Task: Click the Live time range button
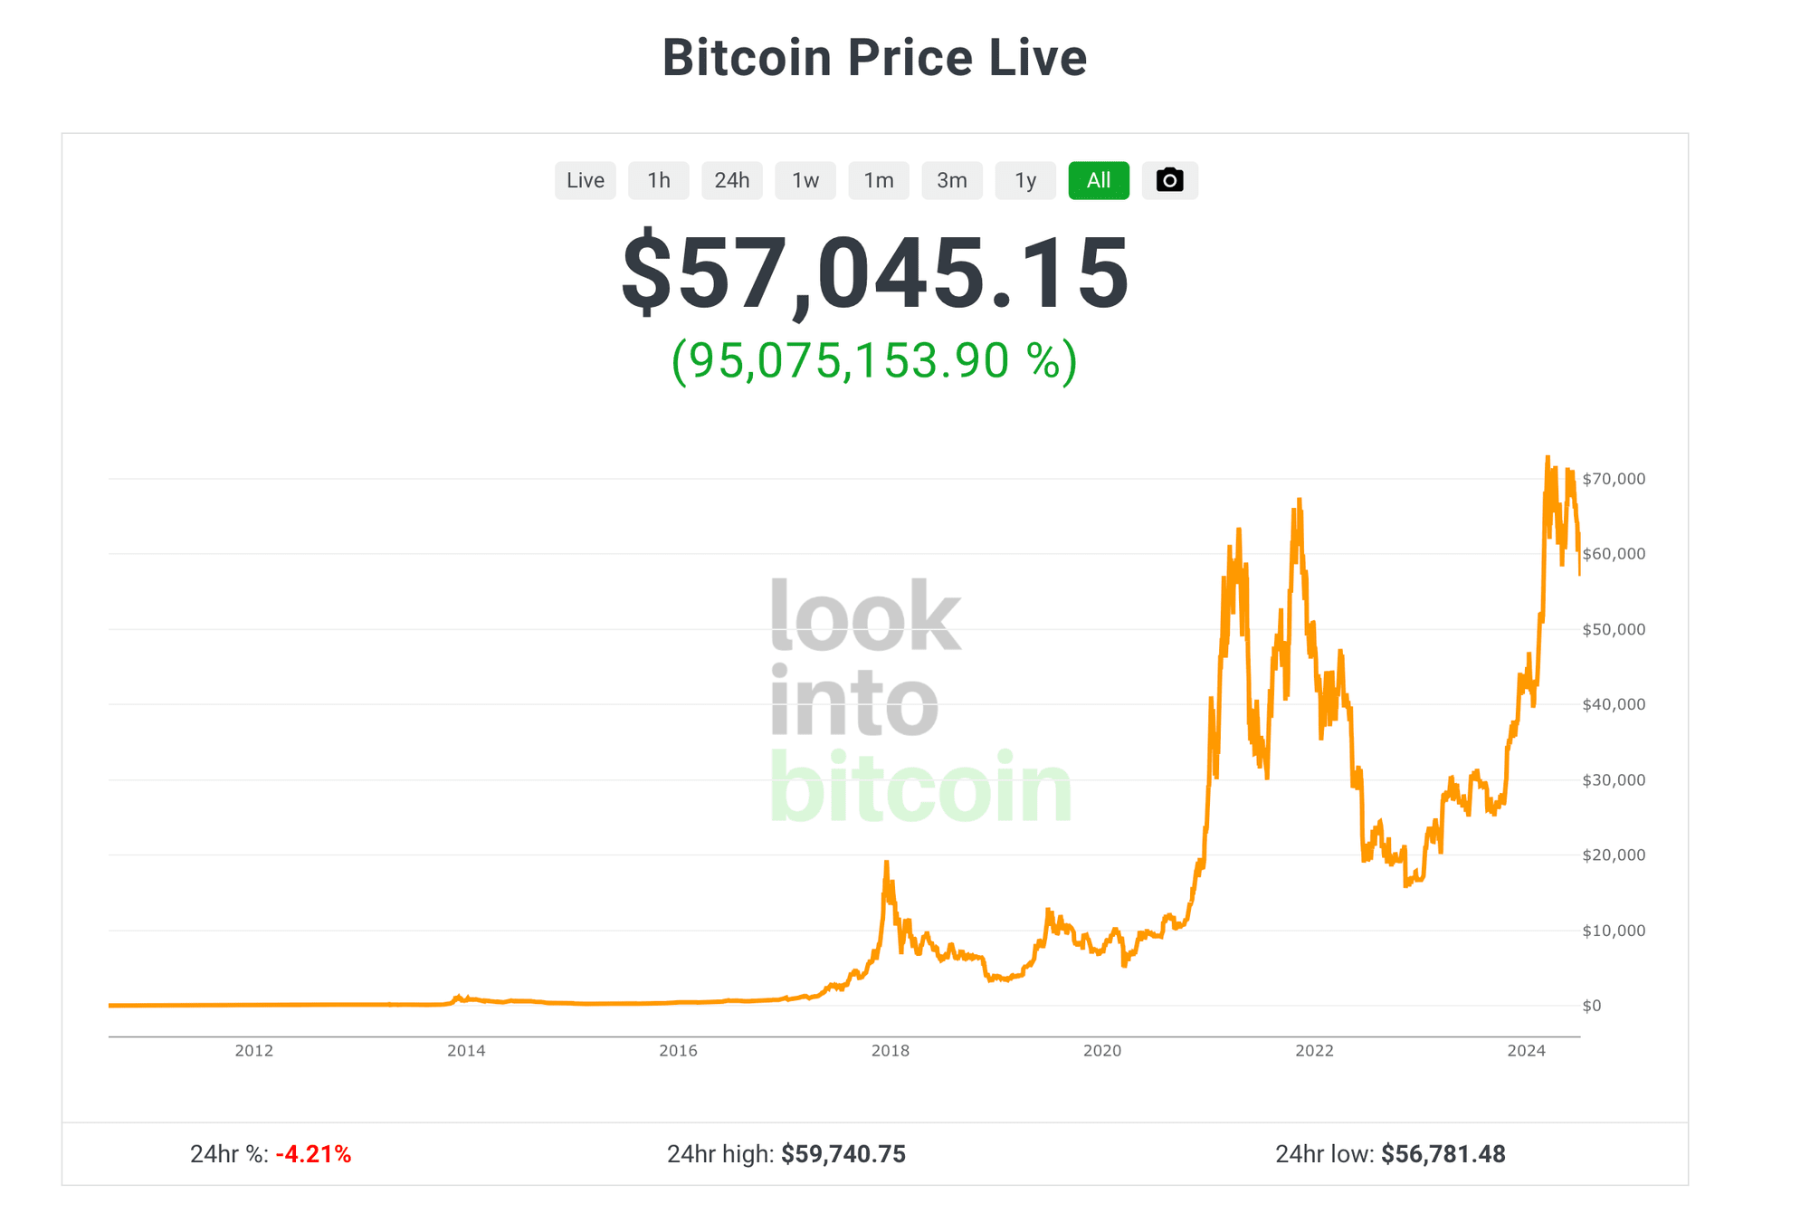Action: pos(585,180)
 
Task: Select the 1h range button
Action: pos(659,180)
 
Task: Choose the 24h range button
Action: pos(732,180)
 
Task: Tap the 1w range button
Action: pos(805,180)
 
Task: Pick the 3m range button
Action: pos(952,180)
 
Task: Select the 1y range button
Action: pos(1025,180)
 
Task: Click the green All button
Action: pos(1099,180)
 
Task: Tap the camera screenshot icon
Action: pos(1170,180)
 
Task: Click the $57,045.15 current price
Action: pos(875,274)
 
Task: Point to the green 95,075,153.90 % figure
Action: pos(874,360)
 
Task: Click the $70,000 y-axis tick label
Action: pos(1614,479)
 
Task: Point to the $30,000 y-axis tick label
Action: pos(1614,779)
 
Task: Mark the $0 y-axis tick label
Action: pos(1592,1006)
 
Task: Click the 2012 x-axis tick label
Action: pos(254,1051)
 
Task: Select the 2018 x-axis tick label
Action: pos(891,1051)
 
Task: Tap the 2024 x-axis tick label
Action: pos(1527,1051)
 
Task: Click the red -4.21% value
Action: pos(313,1154)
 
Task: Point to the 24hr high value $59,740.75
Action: pos(843,1154)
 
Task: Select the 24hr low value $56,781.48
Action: pos(1443,1154)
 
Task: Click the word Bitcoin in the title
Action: pos(747,58)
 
